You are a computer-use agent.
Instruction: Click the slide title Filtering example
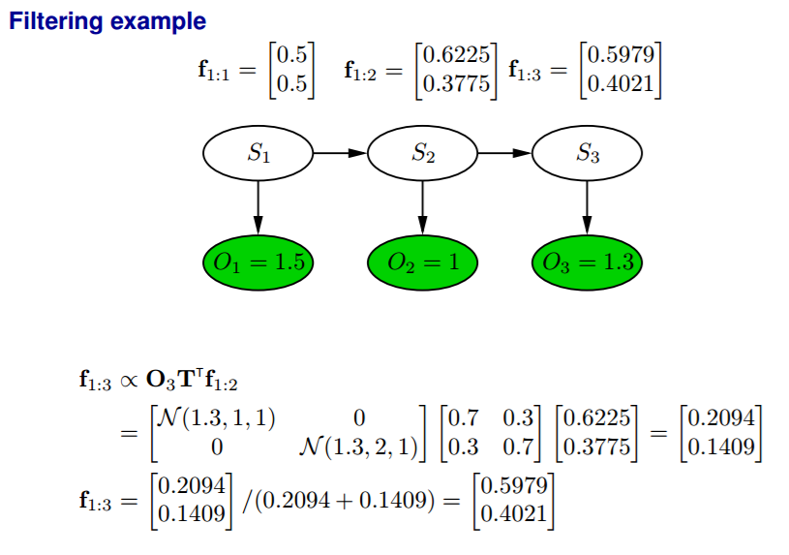pos(107,20)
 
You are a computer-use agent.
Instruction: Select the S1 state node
pos(258,152)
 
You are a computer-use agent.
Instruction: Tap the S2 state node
pos(423,152)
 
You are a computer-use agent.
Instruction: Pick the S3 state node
pos(588,152)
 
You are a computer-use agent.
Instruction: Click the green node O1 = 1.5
pos(258,261)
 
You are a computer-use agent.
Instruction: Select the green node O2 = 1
pos(423,261)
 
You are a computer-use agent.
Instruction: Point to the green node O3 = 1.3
pos(588,261)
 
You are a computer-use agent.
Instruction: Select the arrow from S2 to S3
pos(505,152)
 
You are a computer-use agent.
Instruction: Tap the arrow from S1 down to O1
pos(258,206)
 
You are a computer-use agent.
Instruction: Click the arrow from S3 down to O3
pos(588,206)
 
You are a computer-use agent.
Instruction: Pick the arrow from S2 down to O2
pos(423,206)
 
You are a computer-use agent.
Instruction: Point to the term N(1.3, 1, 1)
pos(215,418)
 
